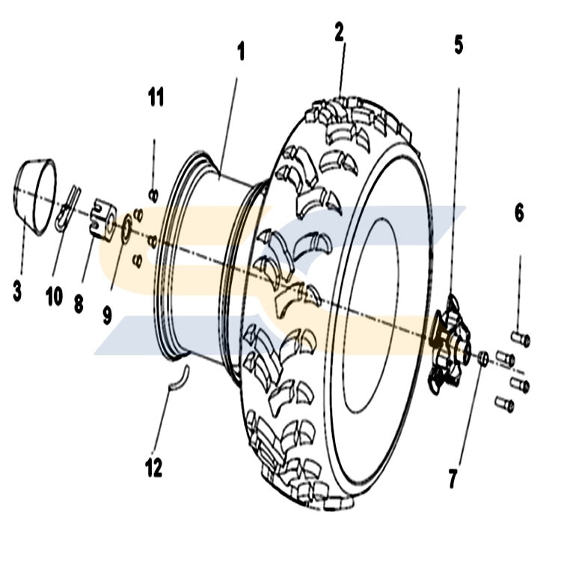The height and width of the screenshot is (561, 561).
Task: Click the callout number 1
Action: (x=241, y=52)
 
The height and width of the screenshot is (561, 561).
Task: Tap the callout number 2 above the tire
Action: (x=340, y=32)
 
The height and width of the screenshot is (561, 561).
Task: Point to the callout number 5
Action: (x=459, y=44)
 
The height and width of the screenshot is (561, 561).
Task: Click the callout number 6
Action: (x=519, y=213)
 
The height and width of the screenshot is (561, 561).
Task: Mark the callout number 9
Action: (x=108, y=315)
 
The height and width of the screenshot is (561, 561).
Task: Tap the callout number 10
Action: (x=54, y=297)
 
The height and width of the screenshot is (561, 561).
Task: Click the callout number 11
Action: (x=156, y=97)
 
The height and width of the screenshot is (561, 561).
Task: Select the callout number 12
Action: (x=154, y=468)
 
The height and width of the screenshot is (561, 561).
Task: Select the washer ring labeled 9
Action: (x=126, y=227)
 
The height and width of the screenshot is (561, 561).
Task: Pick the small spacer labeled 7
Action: (x=482, y=359)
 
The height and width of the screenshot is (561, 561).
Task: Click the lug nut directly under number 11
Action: (x=153, y=195)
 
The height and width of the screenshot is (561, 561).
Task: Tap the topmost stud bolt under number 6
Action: (x=520, y=338)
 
